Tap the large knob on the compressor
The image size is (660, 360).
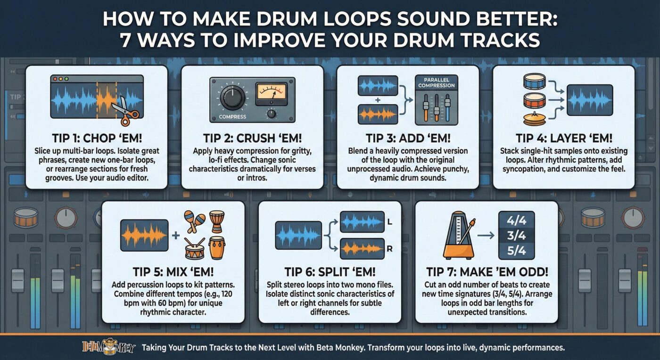pos(231,98)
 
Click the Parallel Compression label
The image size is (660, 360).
pos(436,82)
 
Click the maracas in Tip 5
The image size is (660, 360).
pos(195,222)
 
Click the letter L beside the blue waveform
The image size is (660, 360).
pos(389,221)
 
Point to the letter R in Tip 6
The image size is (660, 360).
pos(389,248)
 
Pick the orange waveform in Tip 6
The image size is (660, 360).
pos(362,248)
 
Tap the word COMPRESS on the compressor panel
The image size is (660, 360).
pos(233,116)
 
